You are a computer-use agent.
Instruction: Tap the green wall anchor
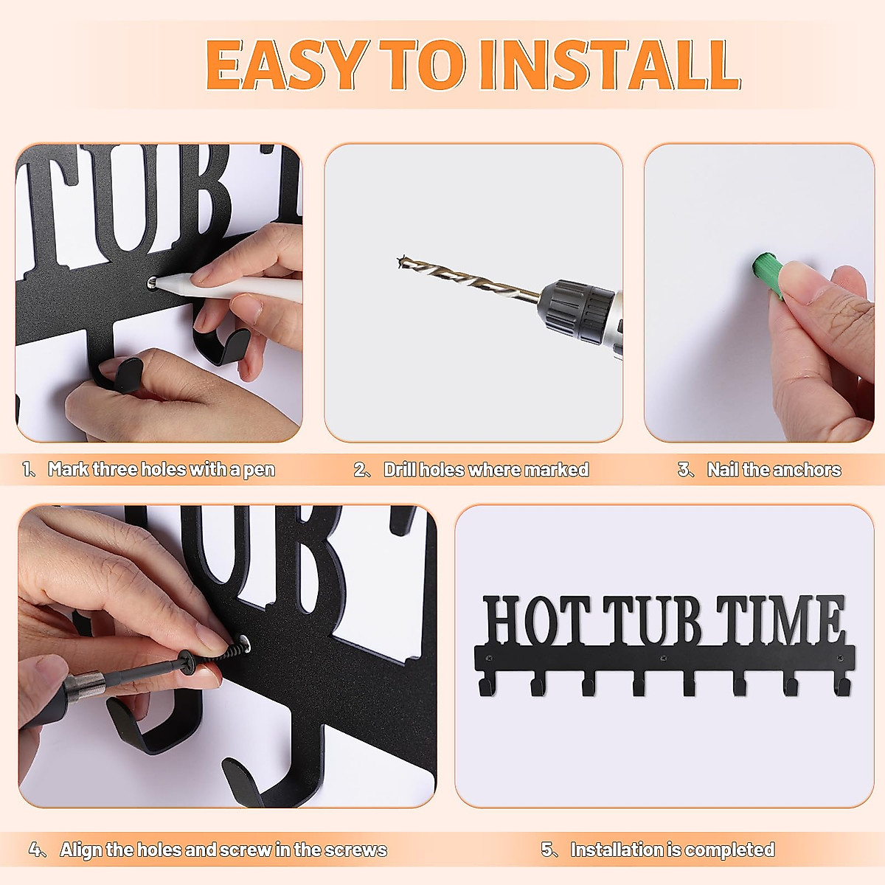pos(768,276)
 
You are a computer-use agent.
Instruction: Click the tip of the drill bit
pos(399,261)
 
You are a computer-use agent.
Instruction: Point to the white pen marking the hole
pos(227,287)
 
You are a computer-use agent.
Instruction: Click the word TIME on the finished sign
pos(780,620)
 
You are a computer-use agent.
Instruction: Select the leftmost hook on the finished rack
pos(485,689)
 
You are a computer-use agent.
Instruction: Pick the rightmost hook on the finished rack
pos(844,689)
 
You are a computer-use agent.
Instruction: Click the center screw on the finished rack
pos(663,659)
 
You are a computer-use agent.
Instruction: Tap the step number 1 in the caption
pos(27,469)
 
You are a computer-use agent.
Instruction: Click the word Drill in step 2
pos(400,469)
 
